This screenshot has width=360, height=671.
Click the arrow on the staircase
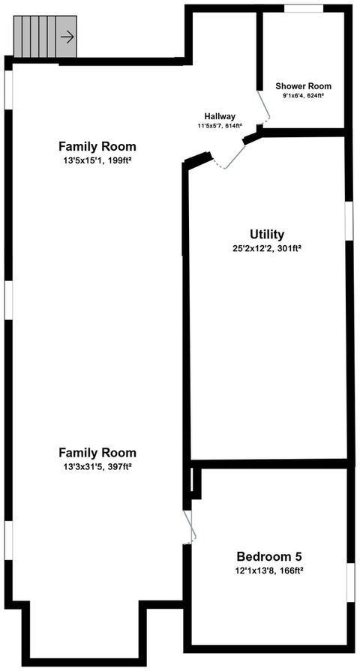point(67,35)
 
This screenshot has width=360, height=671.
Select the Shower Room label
point(303,86)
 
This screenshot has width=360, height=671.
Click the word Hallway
point(220,116)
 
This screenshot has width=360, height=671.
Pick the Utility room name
point(267,234)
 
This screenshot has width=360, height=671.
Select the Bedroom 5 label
point(268,556)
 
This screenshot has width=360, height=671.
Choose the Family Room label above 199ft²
point(97,146)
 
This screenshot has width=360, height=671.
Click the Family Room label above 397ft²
point(97,452)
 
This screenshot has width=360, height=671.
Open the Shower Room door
point(263,109)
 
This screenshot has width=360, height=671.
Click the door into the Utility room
point(229,154)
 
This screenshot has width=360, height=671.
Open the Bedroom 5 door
point(190,526)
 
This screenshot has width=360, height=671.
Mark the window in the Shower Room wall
point(303,9)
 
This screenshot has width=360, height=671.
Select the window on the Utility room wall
point(349,221)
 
